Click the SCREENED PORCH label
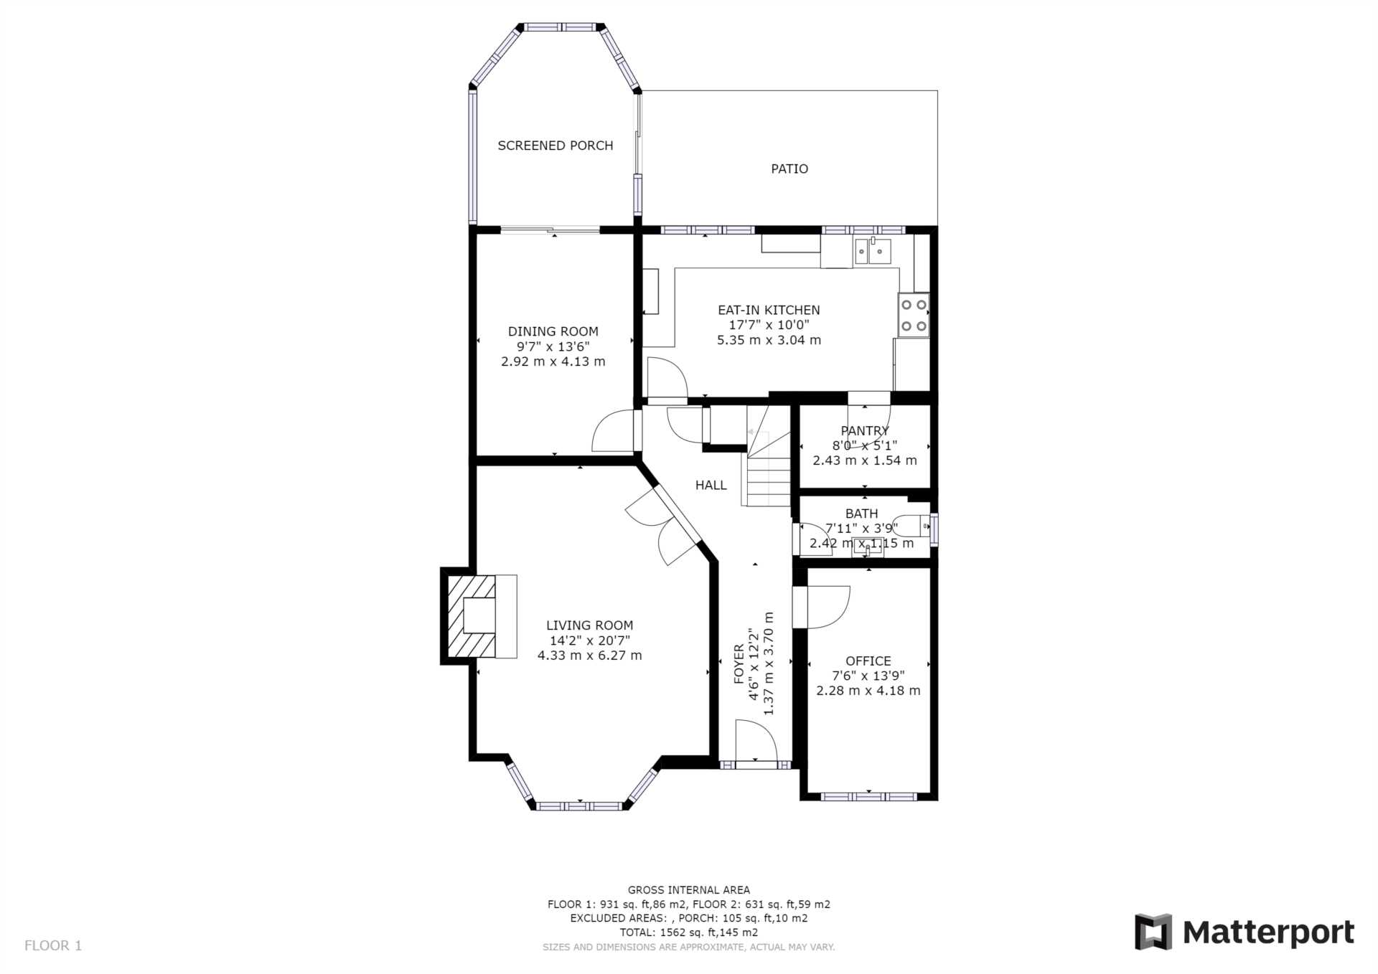coord(556,146)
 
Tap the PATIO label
coord(789,169)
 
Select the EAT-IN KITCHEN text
coord(769,310)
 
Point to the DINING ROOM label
coord(553,331)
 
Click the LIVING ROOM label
coord(589,625)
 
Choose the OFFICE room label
coord(868,661)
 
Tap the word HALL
coord(711,486)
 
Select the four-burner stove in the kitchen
coord(914,315)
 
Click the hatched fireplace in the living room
coord(472,616)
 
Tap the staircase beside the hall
coord(769,456)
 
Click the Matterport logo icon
coord(1153,932)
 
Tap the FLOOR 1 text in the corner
coord(53,945)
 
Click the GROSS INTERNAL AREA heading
coord(689,890)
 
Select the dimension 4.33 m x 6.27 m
coord(589,656)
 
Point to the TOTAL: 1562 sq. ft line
coord(689,932)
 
